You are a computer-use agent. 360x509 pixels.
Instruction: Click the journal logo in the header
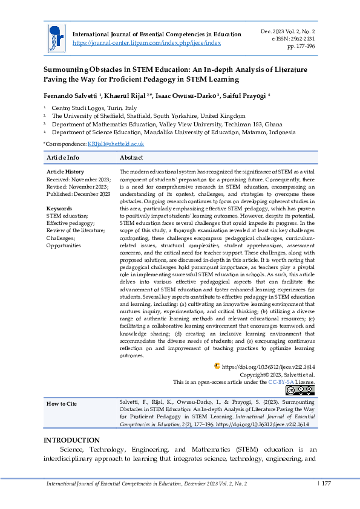[x=55, y=37]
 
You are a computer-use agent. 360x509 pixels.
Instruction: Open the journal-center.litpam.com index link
[x=146, y=43]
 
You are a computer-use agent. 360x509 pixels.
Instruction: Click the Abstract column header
[x=131, y=157]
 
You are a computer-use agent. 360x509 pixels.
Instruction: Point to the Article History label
[x=65, y=172]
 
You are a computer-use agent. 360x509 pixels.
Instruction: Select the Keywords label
[x=59, y=209]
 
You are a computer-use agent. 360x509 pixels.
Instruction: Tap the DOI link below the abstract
[x=268, y=366]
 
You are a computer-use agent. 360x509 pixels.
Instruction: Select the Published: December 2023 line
[x=78, y=194]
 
